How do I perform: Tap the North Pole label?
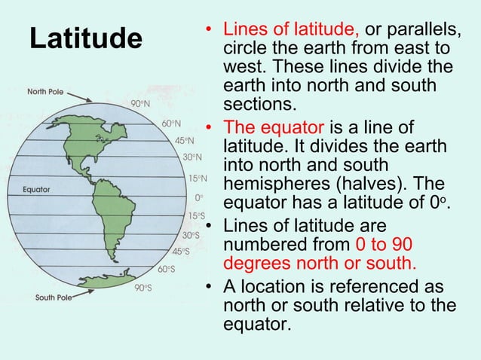click(x=47, y=92)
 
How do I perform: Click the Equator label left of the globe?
click(x=36, y=190)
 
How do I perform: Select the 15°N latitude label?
click(x=198, y=178)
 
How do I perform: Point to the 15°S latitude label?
click(x=196, y=216)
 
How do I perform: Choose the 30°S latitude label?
click(x=190, y=235)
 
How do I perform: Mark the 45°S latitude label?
click(x=181, y=252)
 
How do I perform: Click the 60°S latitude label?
click(x=167, y=269)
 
